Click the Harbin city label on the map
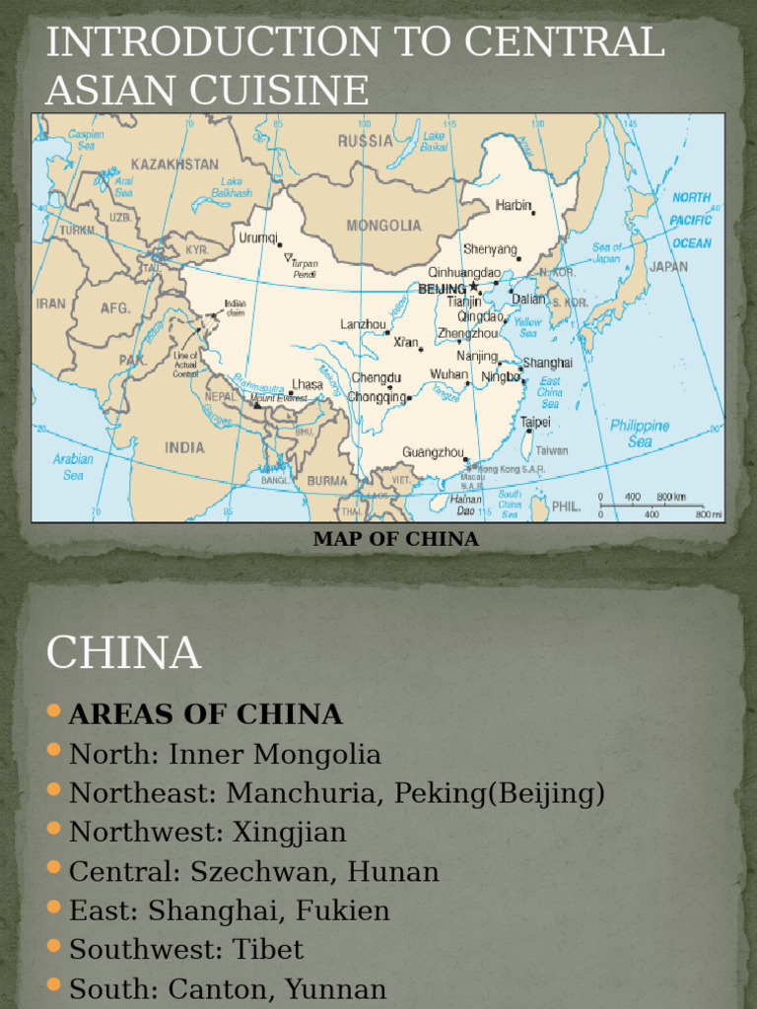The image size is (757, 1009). [512, 206]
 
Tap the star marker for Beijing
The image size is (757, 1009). [474, 286]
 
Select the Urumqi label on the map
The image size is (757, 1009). [257, 237]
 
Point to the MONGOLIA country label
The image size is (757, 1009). [383, 226]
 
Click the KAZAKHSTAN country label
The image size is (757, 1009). [174, 163]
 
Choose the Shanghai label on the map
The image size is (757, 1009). [547, 364]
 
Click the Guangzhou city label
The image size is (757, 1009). [432, 452]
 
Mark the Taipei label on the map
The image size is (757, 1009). [535, 422]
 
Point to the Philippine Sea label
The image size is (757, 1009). [639, 434]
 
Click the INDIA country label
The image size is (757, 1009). [184, 447]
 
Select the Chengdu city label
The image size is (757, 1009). [376, 377]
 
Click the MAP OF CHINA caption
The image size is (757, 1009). [395, 539]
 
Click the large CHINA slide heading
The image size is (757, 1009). [123, 652]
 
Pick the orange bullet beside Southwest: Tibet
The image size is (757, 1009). [54, 947]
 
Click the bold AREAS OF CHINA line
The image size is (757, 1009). [205, 714]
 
